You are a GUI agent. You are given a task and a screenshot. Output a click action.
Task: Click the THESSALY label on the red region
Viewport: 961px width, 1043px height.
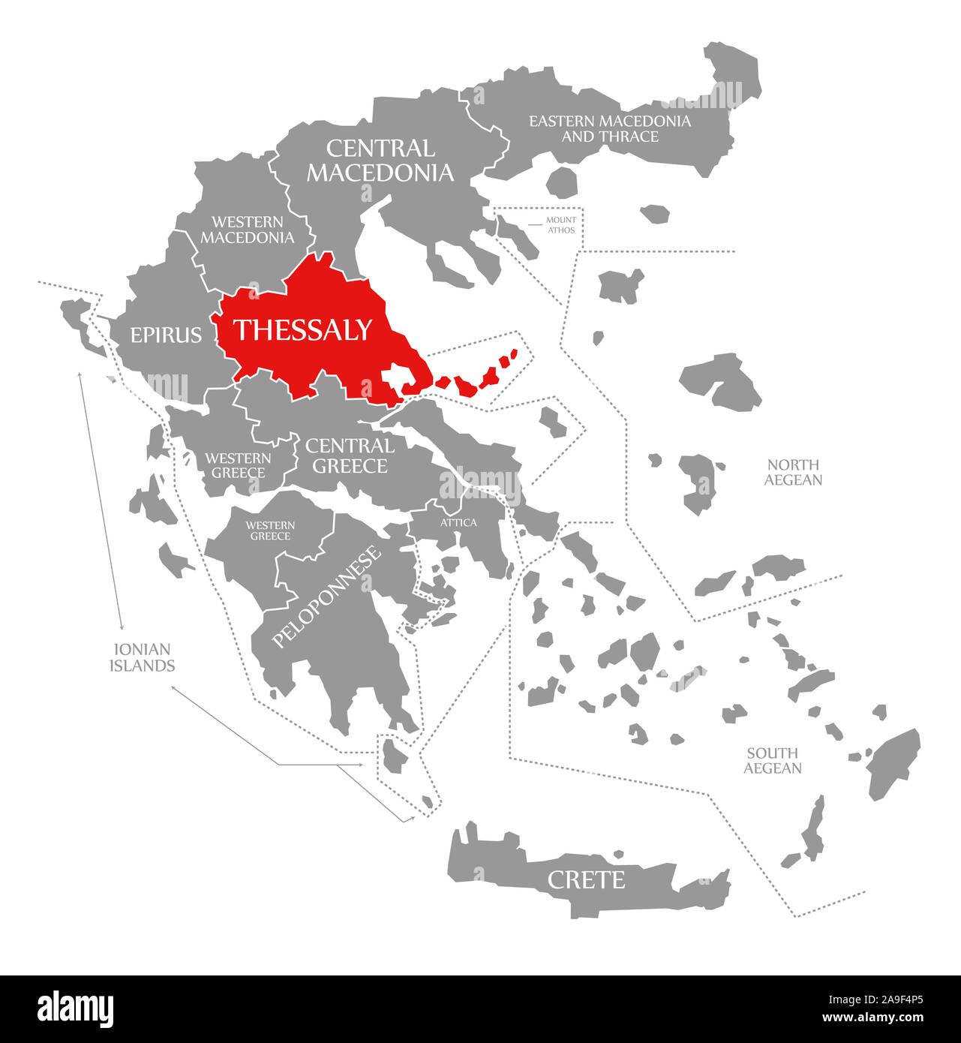[x=302, y=330]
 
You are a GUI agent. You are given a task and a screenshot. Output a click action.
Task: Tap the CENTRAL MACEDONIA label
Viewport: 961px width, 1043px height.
[x=380, y=161]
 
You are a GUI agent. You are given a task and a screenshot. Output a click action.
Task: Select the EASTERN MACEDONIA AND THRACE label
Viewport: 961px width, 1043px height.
[x=610, y=128]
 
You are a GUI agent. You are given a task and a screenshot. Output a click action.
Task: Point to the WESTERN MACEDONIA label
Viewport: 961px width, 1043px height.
[x=247, y=230]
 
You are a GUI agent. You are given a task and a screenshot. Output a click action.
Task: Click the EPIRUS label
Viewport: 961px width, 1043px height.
[x=166, y=335]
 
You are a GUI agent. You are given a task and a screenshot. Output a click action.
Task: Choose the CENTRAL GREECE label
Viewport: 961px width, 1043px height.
[x=350, y=456]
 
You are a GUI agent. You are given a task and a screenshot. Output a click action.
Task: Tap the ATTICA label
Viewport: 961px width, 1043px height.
[x=458, y=522]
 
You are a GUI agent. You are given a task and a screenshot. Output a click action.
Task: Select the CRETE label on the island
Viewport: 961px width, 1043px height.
[x=586, y=879]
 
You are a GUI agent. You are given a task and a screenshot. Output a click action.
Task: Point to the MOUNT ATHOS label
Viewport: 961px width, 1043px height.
[x=561, y=225]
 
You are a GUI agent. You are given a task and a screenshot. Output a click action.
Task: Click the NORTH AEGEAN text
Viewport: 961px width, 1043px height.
[x=793, y=472]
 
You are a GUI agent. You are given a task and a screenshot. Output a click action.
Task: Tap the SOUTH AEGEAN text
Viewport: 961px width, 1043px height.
[x=773, y=760]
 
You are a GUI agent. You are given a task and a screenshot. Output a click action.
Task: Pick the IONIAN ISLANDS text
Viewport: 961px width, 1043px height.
[x=142, y=657]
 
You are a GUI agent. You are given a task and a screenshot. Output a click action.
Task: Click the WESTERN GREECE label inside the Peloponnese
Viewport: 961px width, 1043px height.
[x=270, y=531]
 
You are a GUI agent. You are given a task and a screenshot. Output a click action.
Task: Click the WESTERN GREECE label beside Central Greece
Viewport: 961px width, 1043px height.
[x=239, y=465]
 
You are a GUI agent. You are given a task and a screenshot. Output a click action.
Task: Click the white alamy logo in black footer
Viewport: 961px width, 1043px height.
[x=76, y=1009]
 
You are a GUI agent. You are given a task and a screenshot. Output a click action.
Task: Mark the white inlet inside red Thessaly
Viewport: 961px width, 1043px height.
[x=395, y=376]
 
